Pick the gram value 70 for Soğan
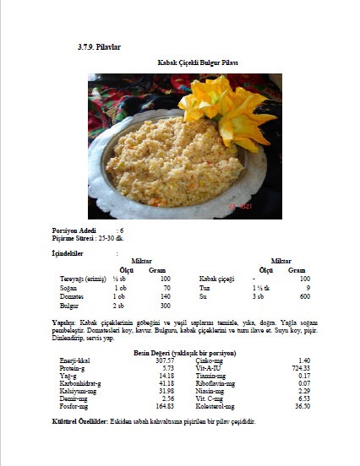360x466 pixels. [x=165, y=288]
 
